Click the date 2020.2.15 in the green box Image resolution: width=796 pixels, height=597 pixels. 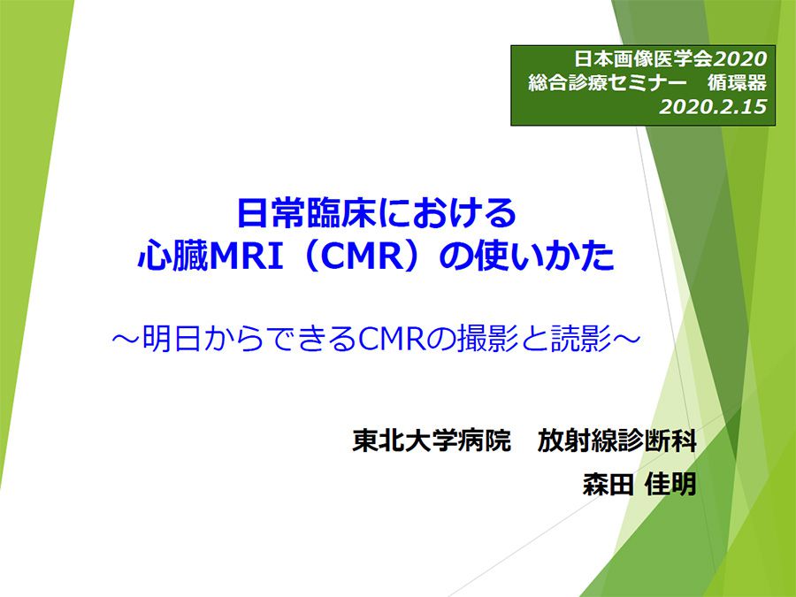pyautogui.click(x=713, y=107)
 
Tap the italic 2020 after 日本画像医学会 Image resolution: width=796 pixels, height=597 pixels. pyautogui.click(x=740, y=59)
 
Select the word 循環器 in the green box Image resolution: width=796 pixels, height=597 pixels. pyautogui.click(x=737, y=83)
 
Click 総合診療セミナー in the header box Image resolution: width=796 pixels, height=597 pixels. pyautogui.click(x=603, y=83)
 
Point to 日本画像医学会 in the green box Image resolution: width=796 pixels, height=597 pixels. pyautogui.click(x=644, y=59)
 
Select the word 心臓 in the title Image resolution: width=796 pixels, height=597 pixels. pyautogui.click(x=173, y=256)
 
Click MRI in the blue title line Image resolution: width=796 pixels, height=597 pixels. pyautogui.click(x=246, y=256)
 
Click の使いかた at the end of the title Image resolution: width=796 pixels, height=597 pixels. pyautogui.click(x=526, y=256)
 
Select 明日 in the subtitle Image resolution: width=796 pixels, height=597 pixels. pyautogui.click(x=172, y=339)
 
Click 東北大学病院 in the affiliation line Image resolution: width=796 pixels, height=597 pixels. pyautogui.click(x=432, y=440)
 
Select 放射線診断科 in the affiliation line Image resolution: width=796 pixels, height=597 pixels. pyautogui.click(x=616, y=440)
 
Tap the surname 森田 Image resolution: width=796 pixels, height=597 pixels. pyautogui.click(x=608, y=484)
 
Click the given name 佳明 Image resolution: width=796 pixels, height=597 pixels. pyautogui.click(x=670, y=484)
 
